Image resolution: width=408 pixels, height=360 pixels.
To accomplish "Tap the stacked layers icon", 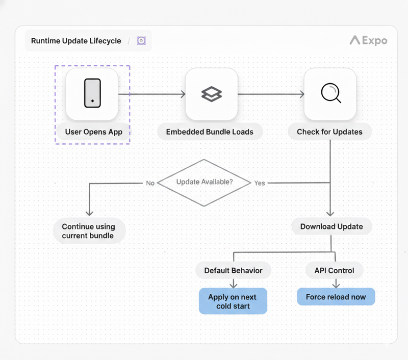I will click(x=211, y=94).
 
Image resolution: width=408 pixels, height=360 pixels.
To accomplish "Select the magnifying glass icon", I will click(x=330, y=94).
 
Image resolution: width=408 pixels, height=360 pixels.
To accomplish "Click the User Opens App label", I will click(x=93, y=132).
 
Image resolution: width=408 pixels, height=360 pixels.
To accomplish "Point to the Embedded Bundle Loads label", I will click(x=210, y=132).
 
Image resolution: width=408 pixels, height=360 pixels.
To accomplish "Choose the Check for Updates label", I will click(x=329, y=132).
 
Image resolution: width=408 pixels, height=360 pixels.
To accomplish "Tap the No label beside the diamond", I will click(x=150, y=183).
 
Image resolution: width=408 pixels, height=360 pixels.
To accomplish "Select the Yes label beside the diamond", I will click(x=260, y=183).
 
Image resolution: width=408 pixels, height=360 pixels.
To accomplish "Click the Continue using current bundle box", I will click(x=88, y=231).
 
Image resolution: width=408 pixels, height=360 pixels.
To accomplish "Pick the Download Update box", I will click(x=331, y=226).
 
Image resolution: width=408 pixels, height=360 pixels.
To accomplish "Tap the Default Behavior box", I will click(x=233, y=270).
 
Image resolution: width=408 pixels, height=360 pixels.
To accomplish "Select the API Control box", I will click(x=334, y=270).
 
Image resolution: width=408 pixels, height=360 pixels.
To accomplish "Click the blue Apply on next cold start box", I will click(x=233, y=301).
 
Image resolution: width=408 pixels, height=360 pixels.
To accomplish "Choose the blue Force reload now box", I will click(x=336, y=297).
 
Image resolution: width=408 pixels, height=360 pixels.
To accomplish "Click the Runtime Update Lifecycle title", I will click(x=76, y=41).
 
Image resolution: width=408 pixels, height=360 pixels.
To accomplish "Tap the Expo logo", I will click(x=368, y=40).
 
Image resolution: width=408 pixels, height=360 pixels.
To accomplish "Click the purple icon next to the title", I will click(x=141, y=41).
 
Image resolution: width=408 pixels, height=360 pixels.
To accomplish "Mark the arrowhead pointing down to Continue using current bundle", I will click(x=89, y=213).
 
